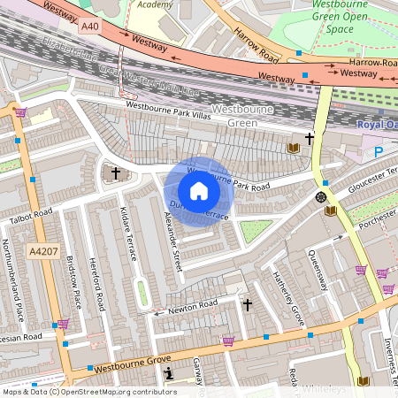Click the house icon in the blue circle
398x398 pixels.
[x=199, y=191]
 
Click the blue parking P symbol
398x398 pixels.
[x=379, y=151]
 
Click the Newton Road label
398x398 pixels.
[x=194, y=306]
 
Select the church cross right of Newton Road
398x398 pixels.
[x=248, y=305]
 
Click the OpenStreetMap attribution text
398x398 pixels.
[x=88, y=391]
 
